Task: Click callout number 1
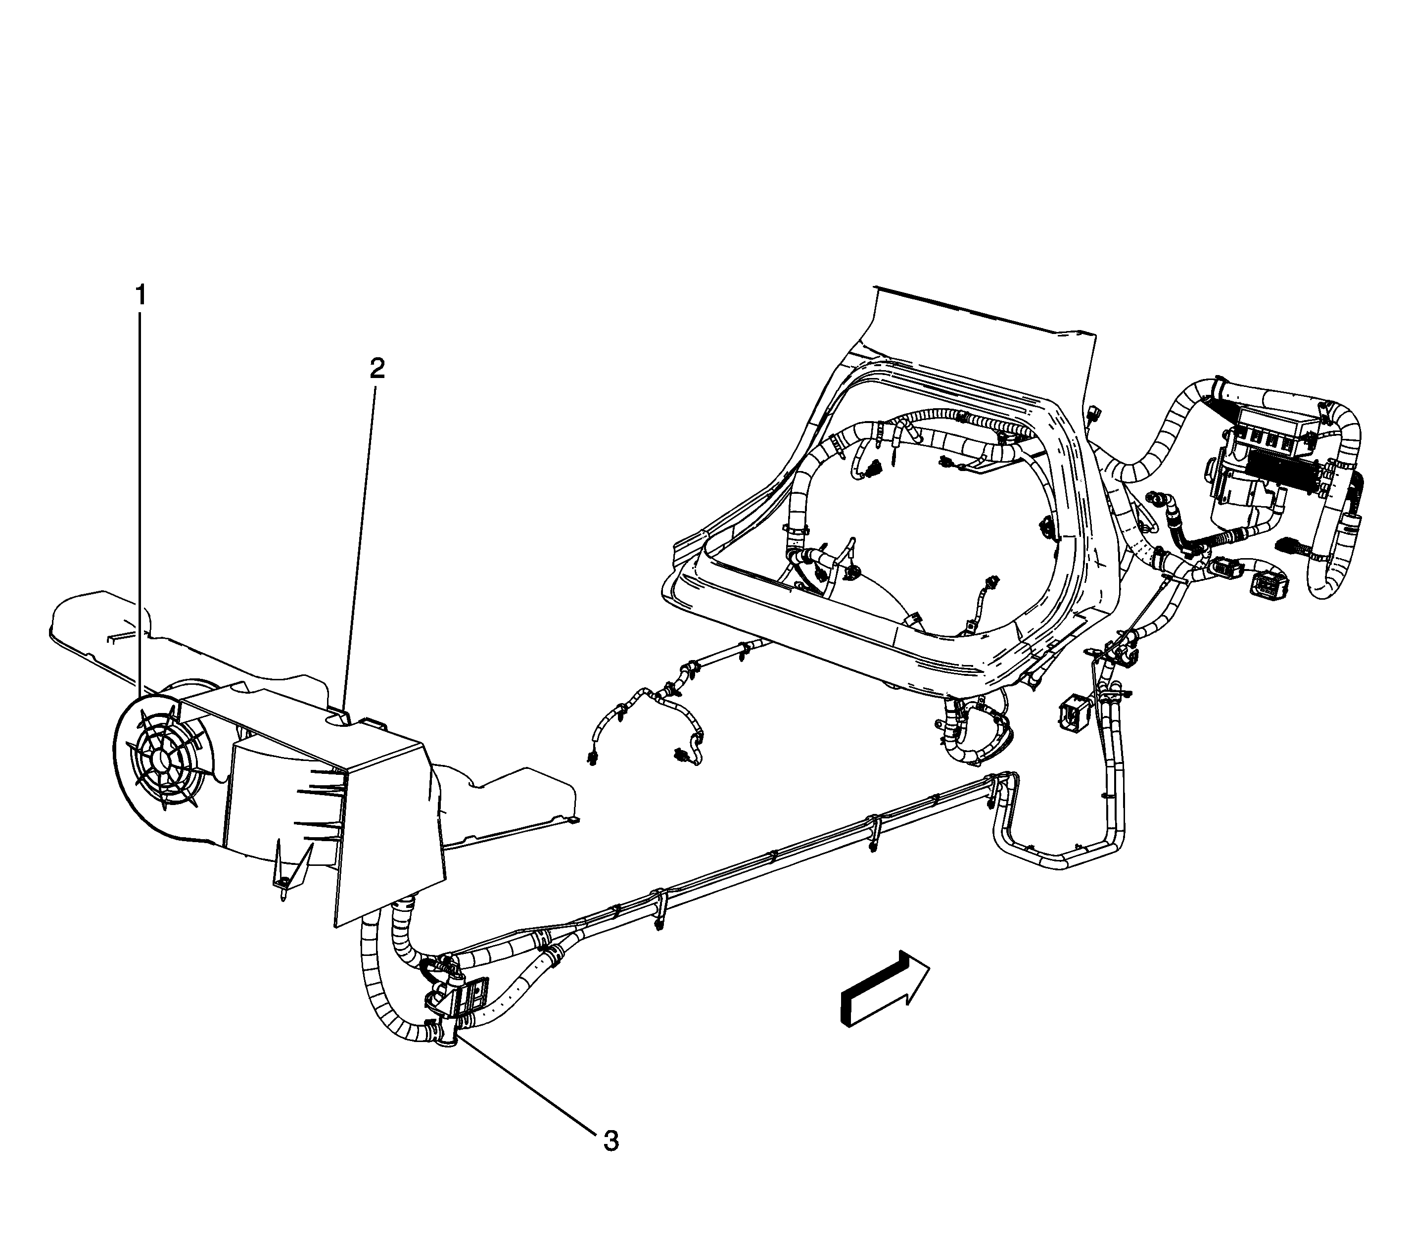[x=141, y=296]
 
